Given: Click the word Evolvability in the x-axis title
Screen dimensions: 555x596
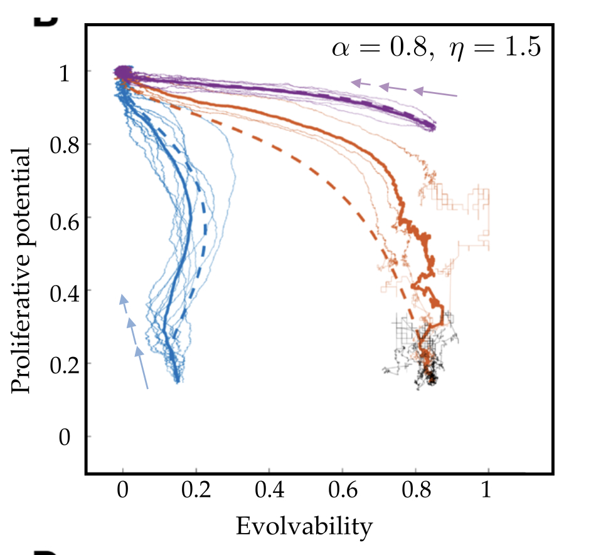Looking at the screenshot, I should tap(304, 527).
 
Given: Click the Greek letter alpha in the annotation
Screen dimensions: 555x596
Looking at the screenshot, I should tap(341, 48).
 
